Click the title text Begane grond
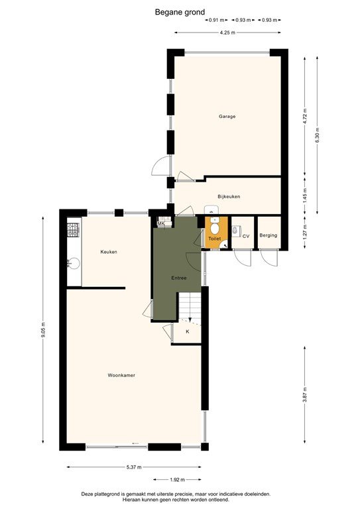pyautogui.click(x=180, y=11)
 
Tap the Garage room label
pyautogui.click(x=227, y=117)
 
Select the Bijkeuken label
pyautogui.click(x=228, y=197)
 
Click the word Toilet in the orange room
pyautogui.click(x=214, y=238)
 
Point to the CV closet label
pyautogui.click(x=245, y=236)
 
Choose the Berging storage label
pyautogui.click(x=268, y=236)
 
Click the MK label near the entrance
pyautogui.click(x=161, y=224)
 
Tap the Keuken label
pyautogui.click(x=109, y=252)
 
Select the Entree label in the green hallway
pyautogui.click(x=178, y=278)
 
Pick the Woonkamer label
pyautogui.click(x=121, y=375)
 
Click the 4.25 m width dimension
pyautogui.click(x=228, y=33)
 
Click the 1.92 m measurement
pyautogui.click(x=177, y=479)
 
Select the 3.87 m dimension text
pyautogui.click(x=304, y=395)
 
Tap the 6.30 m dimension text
pyautogui.click(x=317, y=137)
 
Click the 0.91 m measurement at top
pyautogui.click(x=215, y=20)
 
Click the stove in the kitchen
pyautogui.click(x=73, y=231)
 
